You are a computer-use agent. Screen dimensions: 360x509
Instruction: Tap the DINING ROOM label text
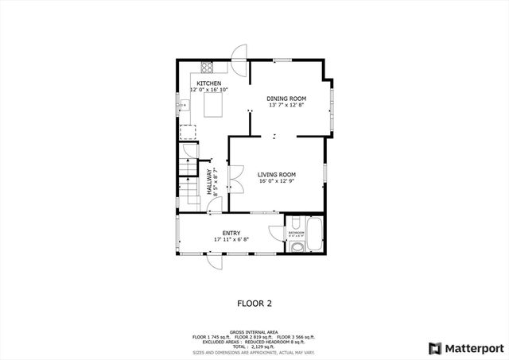286,99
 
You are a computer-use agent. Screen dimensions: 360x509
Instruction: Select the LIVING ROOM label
277,174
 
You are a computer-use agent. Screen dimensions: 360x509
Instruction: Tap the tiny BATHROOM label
295,232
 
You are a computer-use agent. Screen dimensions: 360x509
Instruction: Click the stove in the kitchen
207,68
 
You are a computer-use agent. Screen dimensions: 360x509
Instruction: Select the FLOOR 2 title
254,303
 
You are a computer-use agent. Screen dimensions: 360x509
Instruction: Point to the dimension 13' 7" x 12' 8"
286,106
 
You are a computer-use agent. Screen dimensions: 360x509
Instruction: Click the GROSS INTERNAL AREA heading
254,331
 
